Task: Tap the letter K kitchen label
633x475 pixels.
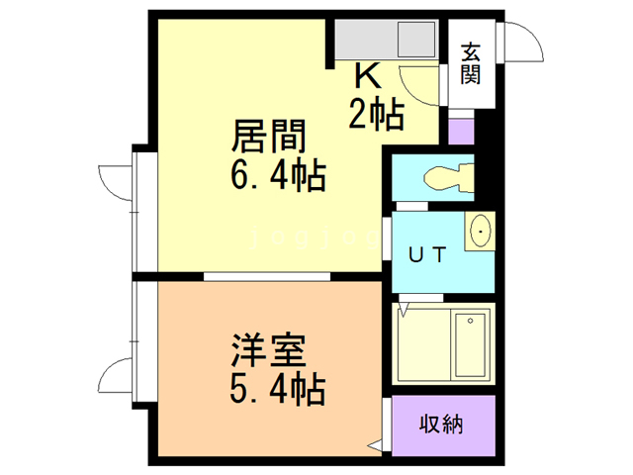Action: (x=367, y=76)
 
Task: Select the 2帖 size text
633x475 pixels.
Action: (x=376, y=115)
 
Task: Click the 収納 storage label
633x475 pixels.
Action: (x=441, y=426)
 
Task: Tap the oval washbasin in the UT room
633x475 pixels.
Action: (x=481, y=234)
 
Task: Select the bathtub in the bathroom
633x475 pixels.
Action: (x=470, y=344)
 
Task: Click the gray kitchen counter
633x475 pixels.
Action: (x=386, y=40)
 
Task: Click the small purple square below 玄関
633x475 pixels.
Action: (x=461, y=131)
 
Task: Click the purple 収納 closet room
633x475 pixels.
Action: (x=441, y=426)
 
